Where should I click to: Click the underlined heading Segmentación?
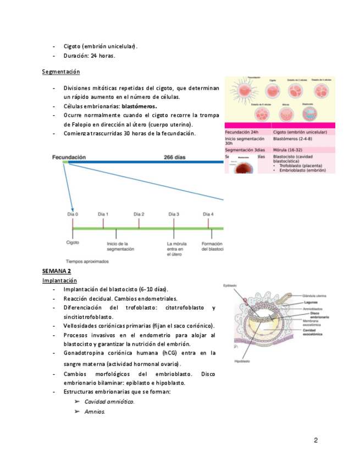61,72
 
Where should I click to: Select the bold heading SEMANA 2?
57,271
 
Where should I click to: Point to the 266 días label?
174,157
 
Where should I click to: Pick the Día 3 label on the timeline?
174,214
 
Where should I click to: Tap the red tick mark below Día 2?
139,222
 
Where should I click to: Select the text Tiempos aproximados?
87,262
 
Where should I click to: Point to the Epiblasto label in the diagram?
230,285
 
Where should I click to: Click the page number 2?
316,440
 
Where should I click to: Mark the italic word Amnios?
95,412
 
